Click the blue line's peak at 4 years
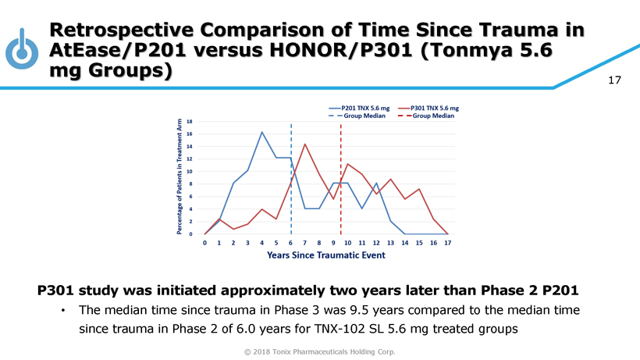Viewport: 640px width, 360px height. click(262, 133)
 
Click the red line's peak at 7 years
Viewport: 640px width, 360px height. click(305, 144)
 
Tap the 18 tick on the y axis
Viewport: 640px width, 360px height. click(190, 121)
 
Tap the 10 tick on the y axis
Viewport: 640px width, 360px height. click(190, 171)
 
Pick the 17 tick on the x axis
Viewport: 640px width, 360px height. click(447, 243)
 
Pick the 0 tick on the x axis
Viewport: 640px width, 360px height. click(204, 243)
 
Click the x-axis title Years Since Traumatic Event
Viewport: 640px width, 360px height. click(325, 255)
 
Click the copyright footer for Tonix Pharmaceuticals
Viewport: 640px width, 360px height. click(320, 351)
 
